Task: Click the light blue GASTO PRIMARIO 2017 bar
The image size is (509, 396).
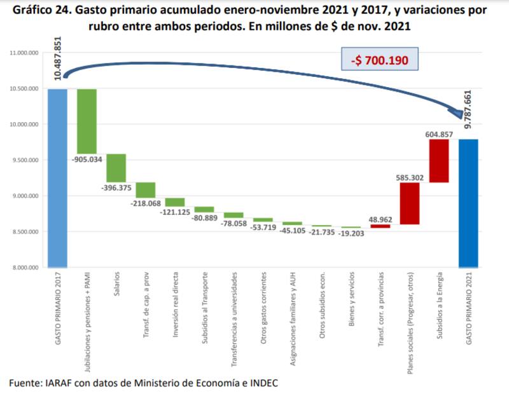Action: pyautogui.click(x=57, y=178)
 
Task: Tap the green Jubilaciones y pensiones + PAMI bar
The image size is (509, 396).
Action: pyautogui.click(x=87, y=121)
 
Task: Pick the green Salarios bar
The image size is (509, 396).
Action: pyautogui.click(x=116, y=168)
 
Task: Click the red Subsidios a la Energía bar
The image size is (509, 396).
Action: pyautogui.click(x=439, y=161)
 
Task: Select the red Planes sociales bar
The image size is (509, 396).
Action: pyautogui.click(x=410, y=203)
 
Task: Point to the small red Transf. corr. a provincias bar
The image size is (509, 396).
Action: pyautogui.click(x=380, y=226)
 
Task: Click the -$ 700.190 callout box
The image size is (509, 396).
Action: pyautogui.click(x=380, y=61)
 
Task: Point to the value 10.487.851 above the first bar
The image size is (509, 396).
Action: pyautogui.click(x=58, y=59)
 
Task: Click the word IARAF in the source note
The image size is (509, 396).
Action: pyautogui.click(x=55, y=383)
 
